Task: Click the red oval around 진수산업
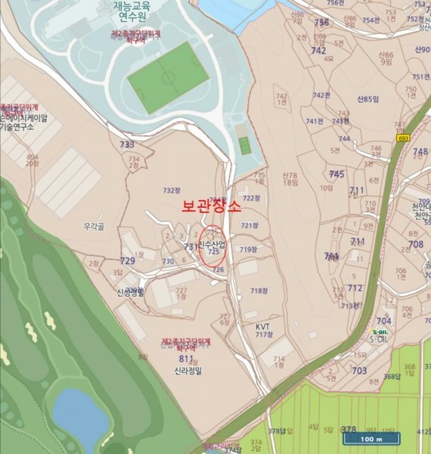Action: (214, 246)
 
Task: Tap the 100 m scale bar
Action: (371, 440)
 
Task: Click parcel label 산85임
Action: (365, 99)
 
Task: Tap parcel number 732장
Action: (172, 190)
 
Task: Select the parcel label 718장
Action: (259, 291)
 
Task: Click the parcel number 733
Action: (126, 145)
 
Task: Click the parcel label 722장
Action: (250, 198)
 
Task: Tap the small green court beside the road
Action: (244, 145)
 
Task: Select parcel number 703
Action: (359, 371)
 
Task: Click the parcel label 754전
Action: (371, 20)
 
